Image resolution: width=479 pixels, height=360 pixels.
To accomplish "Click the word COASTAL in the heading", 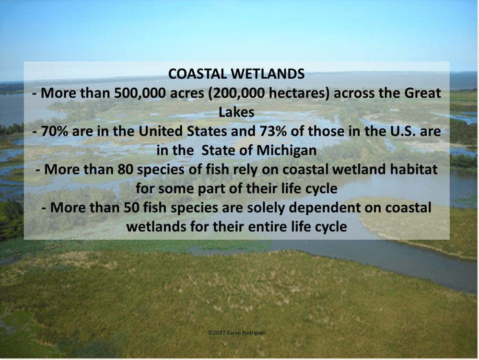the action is click(197, 74).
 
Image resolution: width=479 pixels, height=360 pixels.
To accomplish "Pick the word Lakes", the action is click(236, 112).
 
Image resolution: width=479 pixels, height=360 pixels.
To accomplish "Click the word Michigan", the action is click(286, 151).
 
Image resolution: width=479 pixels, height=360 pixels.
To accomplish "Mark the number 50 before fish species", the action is click(132, 208).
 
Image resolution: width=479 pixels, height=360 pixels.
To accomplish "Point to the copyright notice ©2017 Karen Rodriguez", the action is click(237, 333).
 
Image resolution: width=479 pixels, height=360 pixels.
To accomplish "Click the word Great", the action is click(422, 93).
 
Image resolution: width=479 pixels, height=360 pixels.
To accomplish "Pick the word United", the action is click(160, 131).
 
